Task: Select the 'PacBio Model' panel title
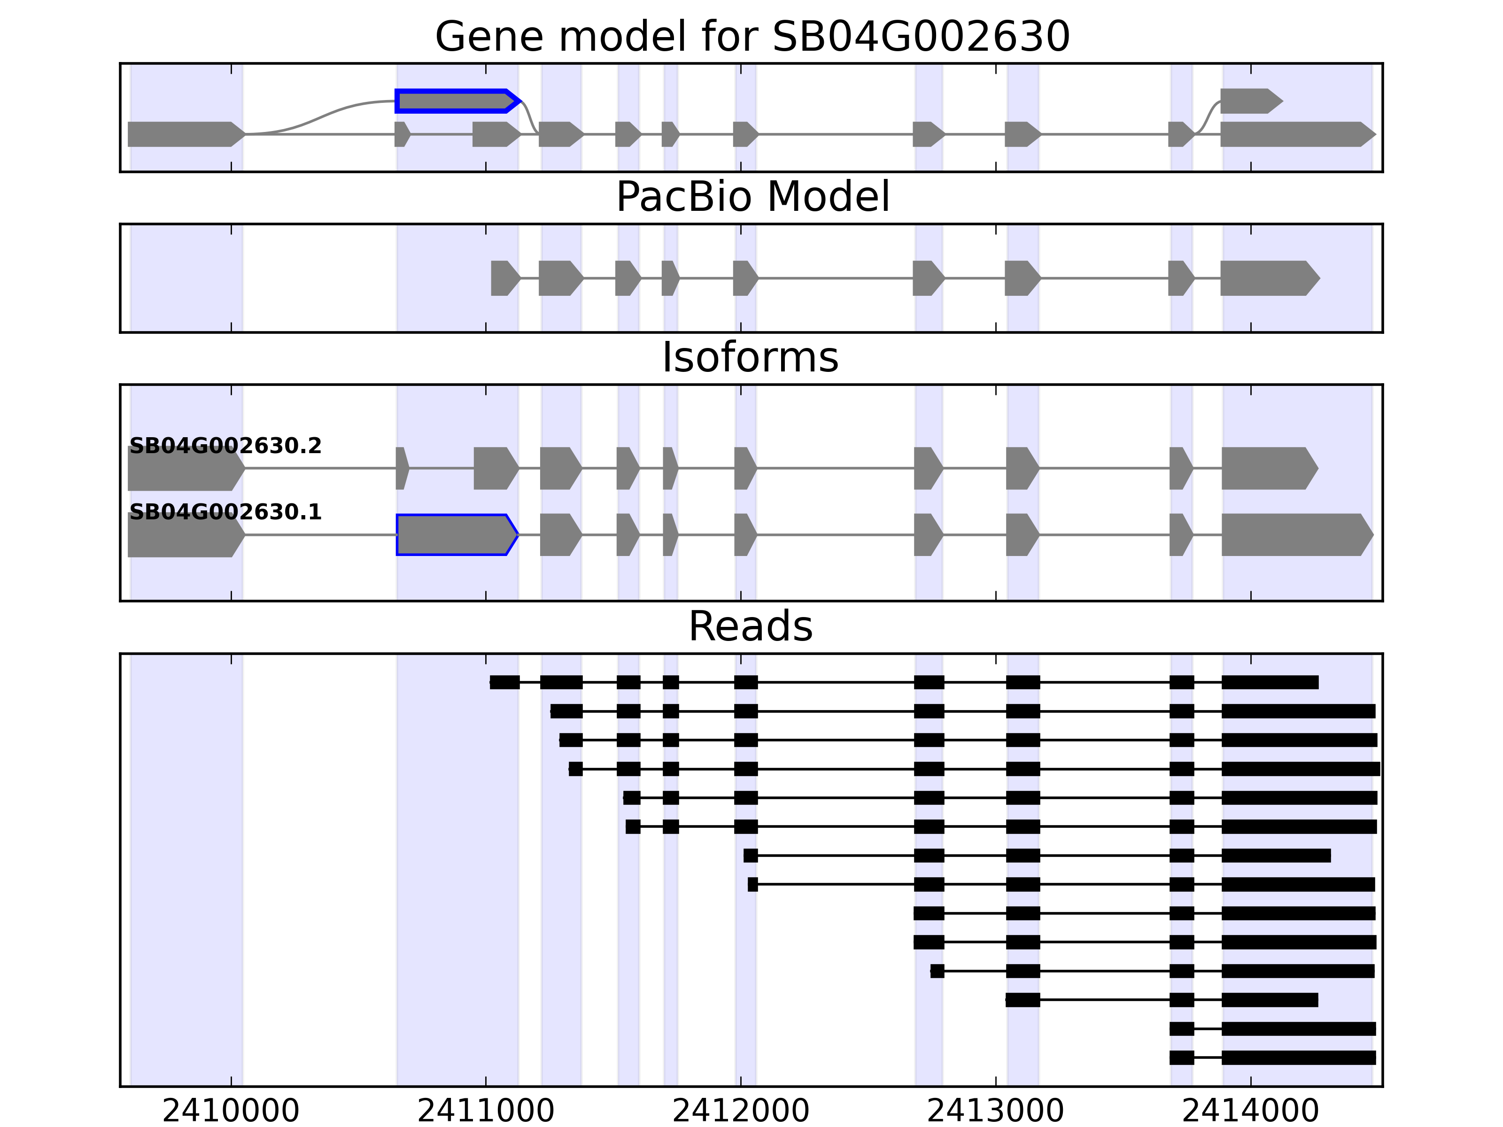pyautogui.click(x=752, y=197)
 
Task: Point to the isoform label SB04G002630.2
pyautogui.click(x=225, y=446)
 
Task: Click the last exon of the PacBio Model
pyautogui.click(x=1268, y=278)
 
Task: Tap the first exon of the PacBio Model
pyautogui.click(x=504, y=278)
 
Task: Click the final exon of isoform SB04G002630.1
pyautogui.click(x=1295, y=535)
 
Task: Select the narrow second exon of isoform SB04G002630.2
pyautogui.click(x=402, y=468)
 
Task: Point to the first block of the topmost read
pyautogui.click(x=504, y=682)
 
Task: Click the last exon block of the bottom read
pyautogui.click(x=1298, y=1058)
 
